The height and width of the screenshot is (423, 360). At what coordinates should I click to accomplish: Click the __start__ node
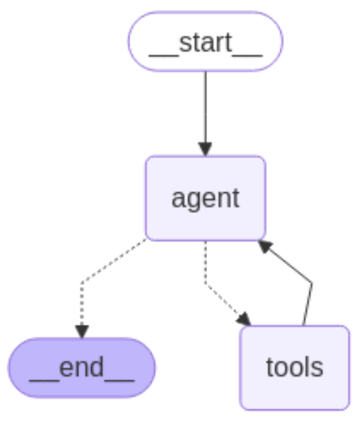[205, 41]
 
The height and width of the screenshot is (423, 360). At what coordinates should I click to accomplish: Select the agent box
[205, 197]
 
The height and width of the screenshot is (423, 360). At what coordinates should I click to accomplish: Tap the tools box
[294, 367]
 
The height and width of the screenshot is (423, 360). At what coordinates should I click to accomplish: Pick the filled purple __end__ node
[81, 367]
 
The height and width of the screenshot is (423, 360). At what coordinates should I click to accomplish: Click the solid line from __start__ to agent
[205, 107]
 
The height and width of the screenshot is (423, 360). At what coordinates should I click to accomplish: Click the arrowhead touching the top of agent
[205, 148]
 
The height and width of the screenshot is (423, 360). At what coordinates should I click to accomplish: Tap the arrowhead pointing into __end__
[81, 330]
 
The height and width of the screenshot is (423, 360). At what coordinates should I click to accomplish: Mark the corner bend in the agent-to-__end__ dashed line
[82, 282]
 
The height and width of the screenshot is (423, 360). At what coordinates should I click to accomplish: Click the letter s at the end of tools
[317, 368]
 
